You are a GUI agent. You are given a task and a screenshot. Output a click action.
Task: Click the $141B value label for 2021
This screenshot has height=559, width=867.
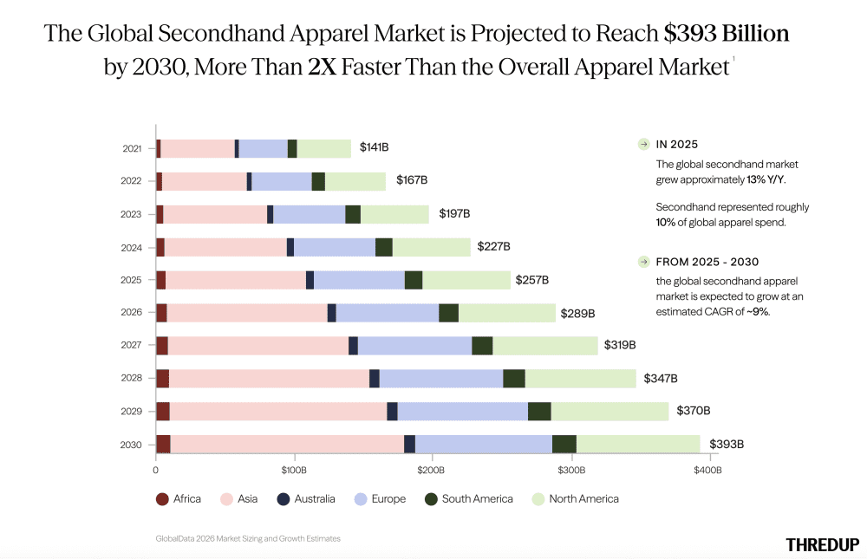374,147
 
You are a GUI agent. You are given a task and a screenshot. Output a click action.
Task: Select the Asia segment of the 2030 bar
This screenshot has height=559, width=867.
287,444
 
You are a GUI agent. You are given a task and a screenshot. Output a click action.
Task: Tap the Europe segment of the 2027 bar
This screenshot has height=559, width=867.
414,346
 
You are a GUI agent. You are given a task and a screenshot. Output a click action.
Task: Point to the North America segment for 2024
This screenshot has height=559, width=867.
431,247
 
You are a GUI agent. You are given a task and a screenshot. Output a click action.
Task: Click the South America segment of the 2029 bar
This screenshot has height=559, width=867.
539,412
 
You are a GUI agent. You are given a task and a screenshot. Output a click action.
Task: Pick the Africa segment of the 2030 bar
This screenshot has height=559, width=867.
163,444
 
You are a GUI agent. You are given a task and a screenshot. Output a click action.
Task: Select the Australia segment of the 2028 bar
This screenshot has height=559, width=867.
375,378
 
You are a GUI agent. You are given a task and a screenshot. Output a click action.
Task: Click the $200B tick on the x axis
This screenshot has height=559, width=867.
431,470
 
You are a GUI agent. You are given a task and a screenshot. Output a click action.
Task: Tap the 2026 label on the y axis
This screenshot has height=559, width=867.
131,312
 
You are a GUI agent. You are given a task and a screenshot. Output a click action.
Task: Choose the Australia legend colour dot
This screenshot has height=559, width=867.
284,499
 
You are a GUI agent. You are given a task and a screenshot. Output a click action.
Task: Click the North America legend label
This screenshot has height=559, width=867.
583,498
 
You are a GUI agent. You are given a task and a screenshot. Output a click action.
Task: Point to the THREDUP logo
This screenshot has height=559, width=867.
822,544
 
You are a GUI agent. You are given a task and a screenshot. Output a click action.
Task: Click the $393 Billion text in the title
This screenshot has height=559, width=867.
727,33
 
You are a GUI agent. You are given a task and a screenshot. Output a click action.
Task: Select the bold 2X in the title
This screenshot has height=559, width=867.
323,67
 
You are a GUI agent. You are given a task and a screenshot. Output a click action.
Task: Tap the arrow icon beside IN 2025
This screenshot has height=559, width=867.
643,145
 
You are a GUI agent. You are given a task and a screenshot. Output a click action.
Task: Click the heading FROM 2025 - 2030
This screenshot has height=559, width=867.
707,262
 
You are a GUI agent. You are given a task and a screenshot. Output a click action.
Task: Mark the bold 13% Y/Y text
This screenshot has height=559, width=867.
766,179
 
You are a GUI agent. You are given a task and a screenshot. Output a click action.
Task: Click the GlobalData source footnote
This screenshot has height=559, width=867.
248,538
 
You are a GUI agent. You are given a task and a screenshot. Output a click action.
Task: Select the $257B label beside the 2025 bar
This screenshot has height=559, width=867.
532,280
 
